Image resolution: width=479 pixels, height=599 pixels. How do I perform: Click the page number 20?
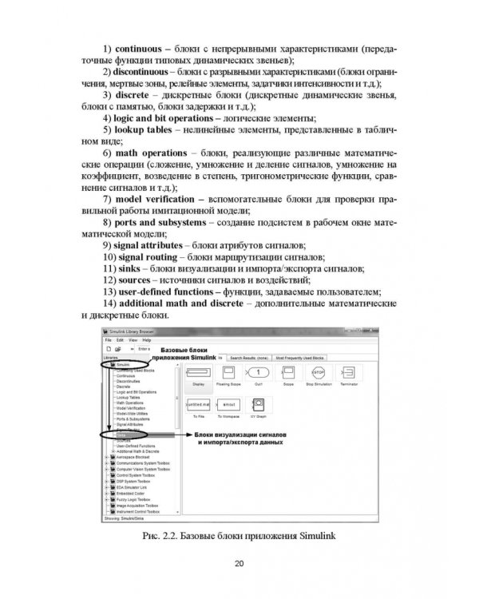pyautogui.click(x=239, y=564)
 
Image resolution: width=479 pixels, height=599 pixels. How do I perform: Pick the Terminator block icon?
pyautogui.click(x=348, y=372)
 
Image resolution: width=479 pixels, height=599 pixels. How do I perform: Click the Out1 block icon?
pyautogui.click(x=257, y=372)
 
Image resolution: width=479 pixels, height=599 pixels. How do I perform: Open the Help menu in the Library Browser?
pyautogui.click(x=146, y=339)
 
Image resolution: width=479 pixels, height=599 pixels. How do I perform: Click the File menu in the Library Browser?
pyautogui.click(x=109, y=339)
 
